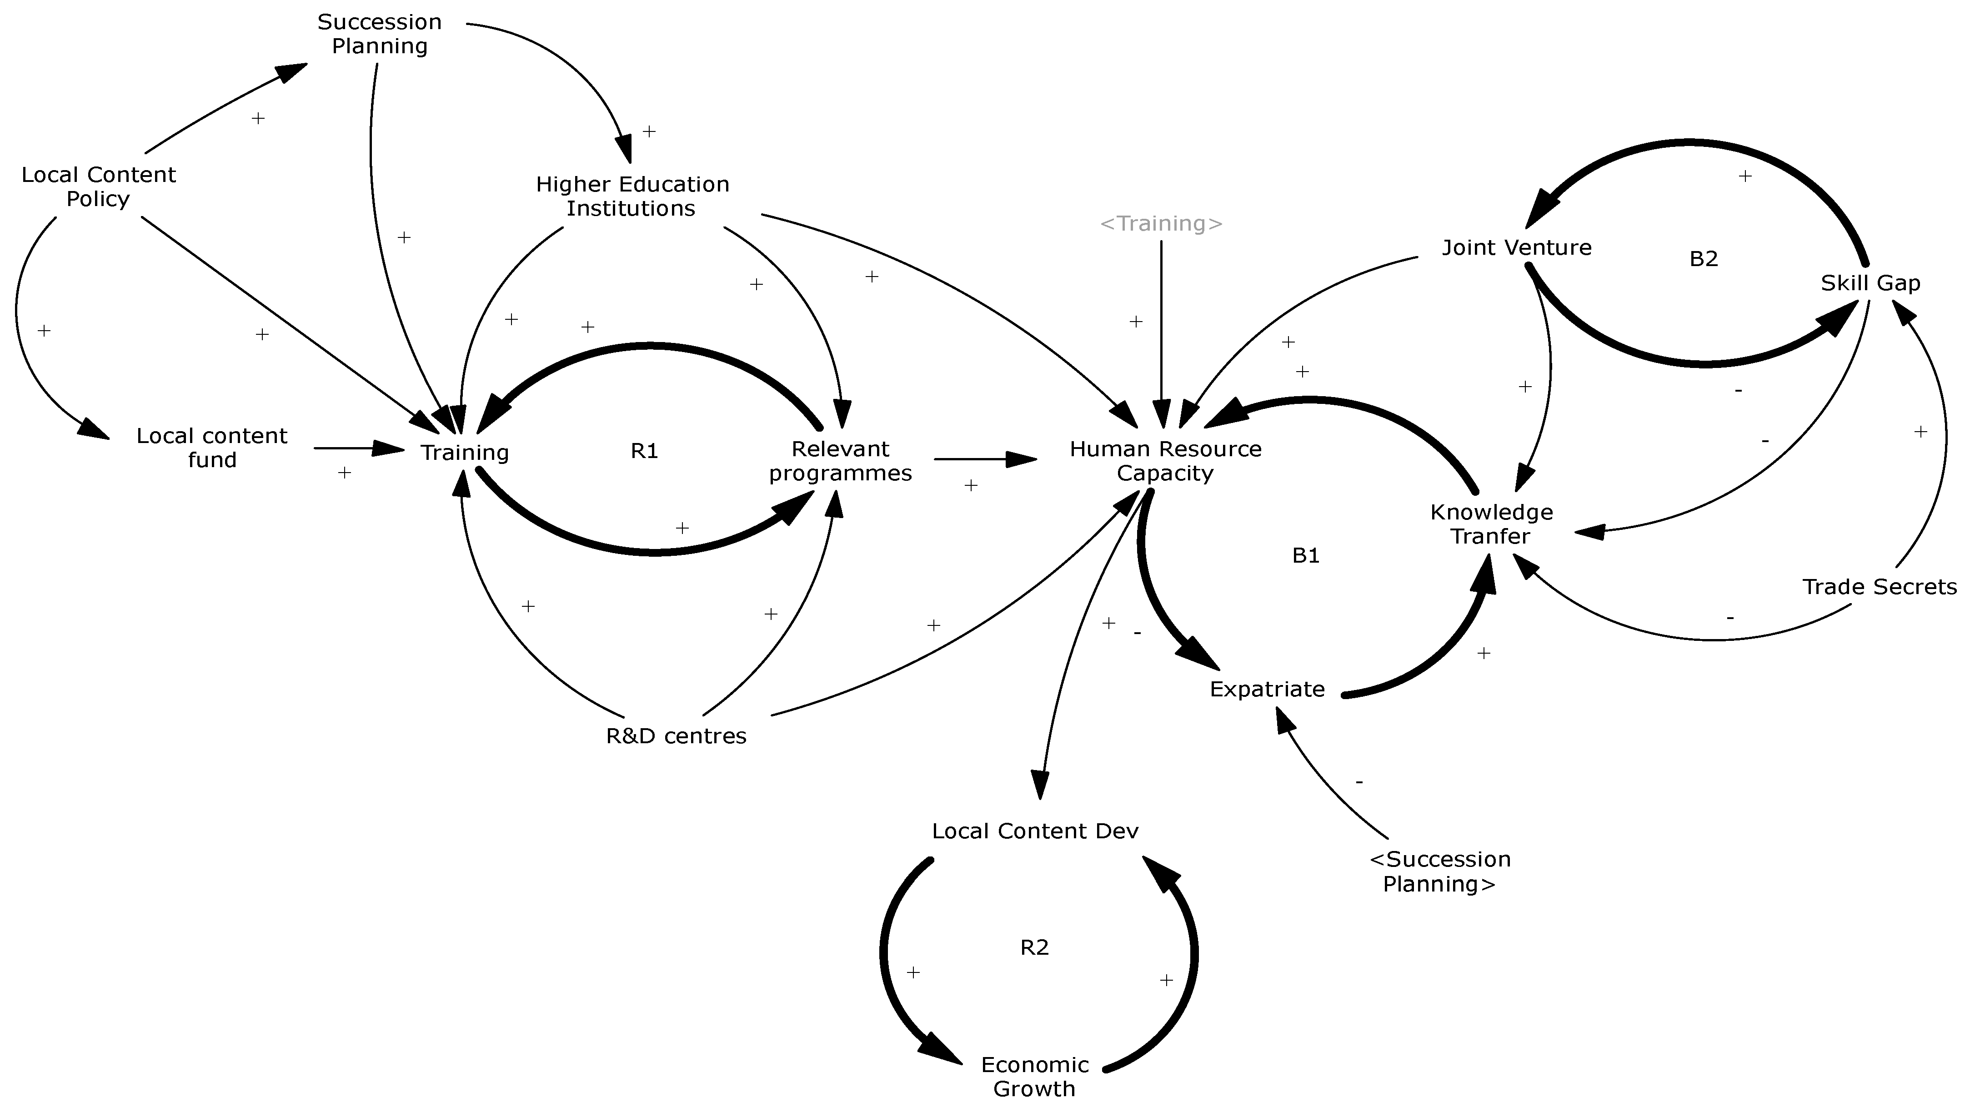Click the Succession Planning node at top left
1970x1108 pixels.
379,34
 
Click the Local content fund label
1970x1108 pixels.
212,448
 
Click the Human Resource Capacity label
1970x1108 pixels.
1165,461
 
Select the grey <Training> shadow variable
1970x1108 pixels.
1161,223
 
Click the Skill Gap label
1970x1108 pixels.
1870,283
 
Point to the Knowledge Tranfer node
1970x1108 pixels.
1491,524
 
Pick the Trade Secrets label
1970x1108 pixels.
1879,587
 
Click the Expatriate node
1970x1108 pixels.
1267,690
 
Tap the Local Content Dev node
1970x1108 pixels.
1035,831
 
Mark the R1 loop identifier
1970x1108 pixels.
644,452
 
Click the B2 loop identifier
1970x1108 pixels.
1703,259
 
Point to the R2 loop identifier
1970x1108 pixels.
1034,948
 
